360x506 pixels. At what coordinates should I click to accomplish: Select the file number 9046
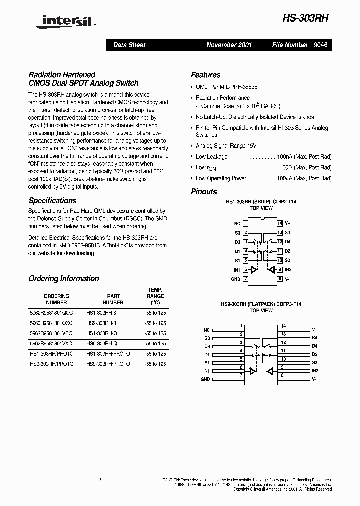pyautogui.click(x=321, y=45)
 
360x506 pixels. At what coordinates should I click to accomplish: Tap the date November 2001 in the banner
pyautogui.click(x=229, y=45)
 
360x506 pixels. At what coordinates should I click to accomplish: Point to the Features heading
pyautogui.click(x=205, y=75)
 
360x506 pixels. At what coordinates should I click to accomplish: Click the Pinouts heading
pyautogui.click(x=204, y=191)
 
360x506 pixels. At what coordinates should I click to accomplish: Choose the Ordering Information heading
pyautogui.click(x=64, y=278)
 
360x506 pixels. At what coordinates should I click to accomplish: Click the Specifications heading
pyautogui.click(x=52, y=200)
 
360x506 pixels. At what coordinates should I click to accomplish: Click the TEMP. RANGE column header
pyautogui.click(x=155, y=296)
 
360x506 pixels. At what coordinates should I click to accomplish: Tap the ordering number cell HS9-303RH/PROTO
pyautogui.click(x=51, y=364)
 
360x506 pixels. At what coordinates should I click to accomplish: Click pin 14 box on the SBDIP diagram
pyautogui.click(x=280, y=224)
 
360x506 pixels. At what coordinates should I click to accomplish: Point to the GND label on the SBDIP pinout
pyautogui.click(x=235, y=279)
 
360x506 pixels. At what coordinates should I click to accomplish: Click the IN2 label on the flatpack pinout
pyautogui.click(x=315, y=371)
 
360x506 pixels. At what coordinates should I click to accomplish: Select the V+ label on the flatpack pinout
pyautogui.click(x=315, y=330)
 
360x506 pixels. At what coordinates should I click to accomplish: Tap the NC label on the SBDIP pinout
pyautogui.click(x=237, y=224)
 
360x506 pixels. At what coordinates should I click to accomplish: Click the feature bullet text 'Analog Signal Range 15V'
pyautogui.click(x=226, y=146)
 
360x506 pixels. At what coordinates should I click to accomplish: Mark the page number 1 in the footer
pyautogui.click(x=100, y=480)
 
